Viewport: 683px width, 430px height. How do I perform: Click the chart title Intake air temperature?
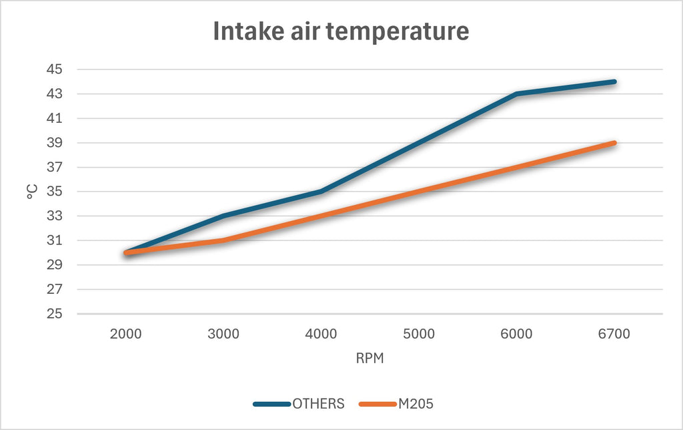341,31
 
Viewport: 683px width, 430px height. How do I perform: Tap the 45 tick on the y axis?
55,69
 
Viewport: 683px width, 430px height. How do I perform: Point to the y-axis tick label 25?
55,314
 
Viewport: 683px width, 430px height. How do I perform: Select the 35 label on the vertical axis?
55,192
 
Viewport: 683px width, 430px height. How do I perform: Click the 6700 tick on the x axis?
614,334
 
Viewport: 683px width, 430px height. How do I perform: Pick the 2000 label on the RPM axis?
126,334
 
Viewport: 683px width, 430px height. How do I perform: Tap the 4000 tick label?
321,334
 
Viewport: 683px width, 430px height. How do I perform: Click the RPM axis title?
370,358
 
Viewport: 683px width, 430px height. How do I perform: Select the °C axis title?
32,192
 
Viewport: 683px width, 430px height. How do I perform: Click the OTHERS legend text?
318,404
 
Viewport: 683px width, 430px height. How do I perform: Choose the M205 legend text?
416,404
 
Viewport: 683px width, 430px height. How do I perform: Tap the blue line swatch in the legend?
272,404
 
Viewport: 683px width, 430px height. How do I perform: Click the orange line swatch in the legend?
378,404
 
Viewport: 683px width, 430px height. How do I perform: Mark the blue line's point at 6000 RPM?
517,93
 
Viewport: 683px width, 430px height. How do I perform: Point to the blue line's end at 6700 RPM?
614,81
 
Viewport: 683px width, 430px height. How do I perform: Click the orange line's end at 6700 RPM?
614,143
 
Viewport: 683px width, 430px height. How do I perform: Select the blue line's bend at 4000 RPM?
321,192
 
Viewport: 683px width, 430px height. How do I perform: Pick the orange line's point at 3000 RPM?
223,240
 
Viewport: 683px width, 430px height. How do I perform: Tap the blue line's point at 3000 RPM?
223,216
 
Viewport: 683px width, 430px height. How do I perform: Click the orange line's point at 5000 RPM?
419,192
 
